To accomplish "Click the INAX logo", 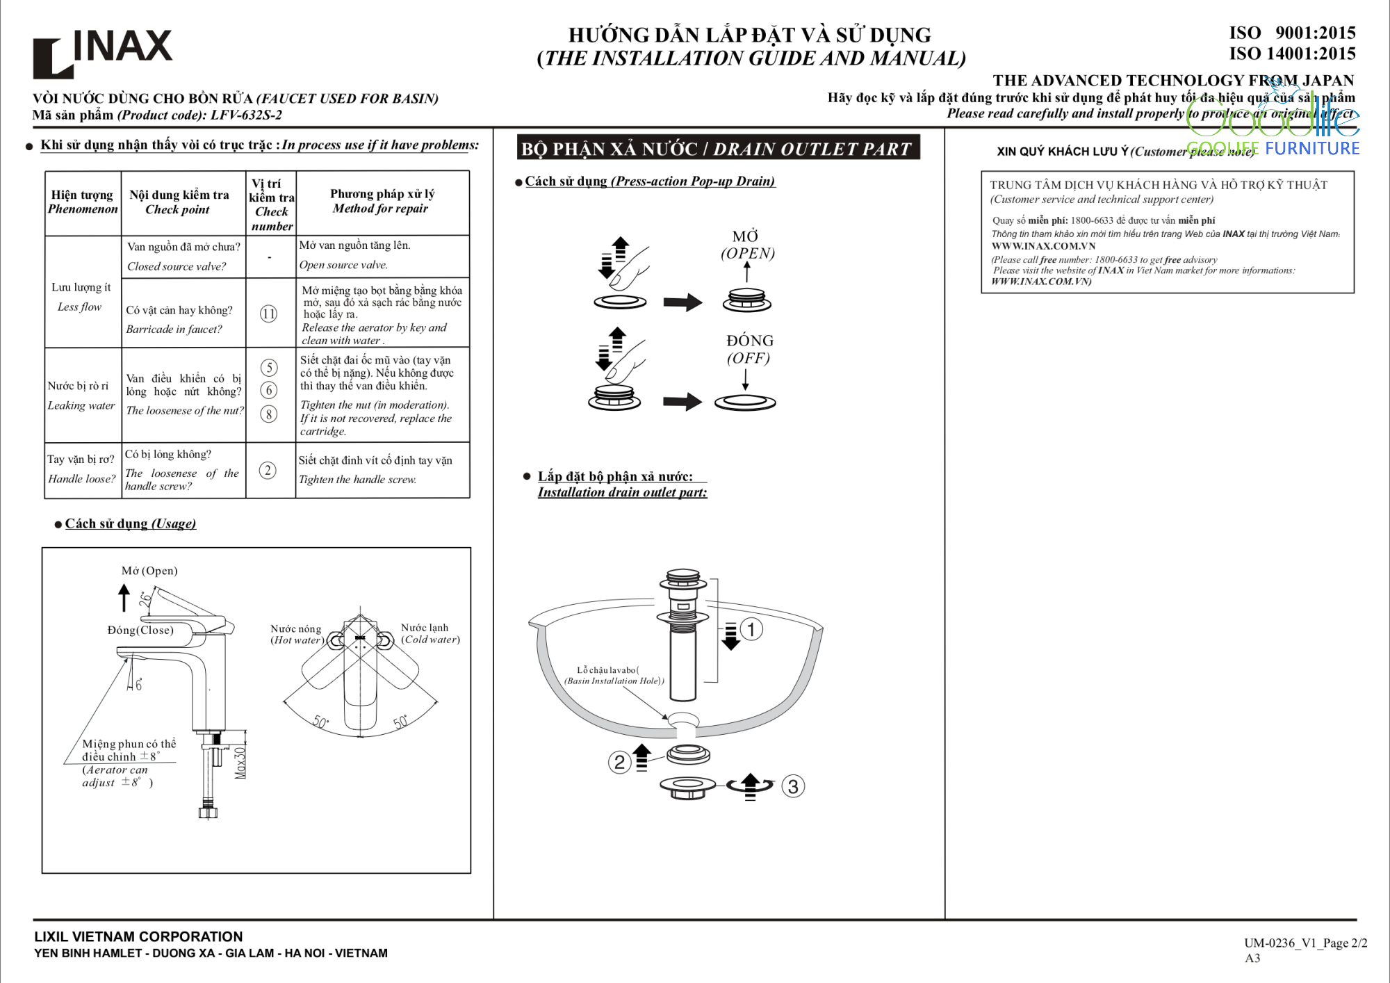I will [102, 51].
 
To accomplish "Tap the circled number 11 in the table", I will [269, 314].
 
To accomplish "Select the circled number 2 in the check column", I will [268, 470].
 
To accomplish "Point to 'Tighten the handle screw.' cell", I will [357, 479].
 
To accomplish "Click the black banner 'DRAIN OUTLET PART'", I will [718, 149].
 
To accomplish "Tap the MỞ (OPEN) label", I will [747, 245].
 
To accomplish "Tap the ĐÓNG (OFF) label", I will [749, 349].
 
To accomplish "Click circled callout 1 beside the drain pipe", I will [751, 629].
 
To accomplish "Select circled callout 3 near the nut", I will [793, 786].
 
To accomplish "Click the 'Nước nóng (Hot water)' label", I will [297, 634].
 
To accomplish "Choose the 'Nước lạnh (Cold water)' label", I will [430, 633].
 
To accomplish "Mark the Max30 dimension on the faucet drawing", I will [240, 763].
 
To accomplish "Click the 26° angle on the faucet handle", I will [145, 599].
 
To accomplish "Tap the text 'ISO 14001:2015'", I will [1292, 54].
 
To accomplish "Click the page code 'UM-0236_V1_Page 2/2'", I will [1305, 943].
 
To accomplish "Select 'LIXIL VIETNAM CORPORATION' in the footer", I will [138, 936].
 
